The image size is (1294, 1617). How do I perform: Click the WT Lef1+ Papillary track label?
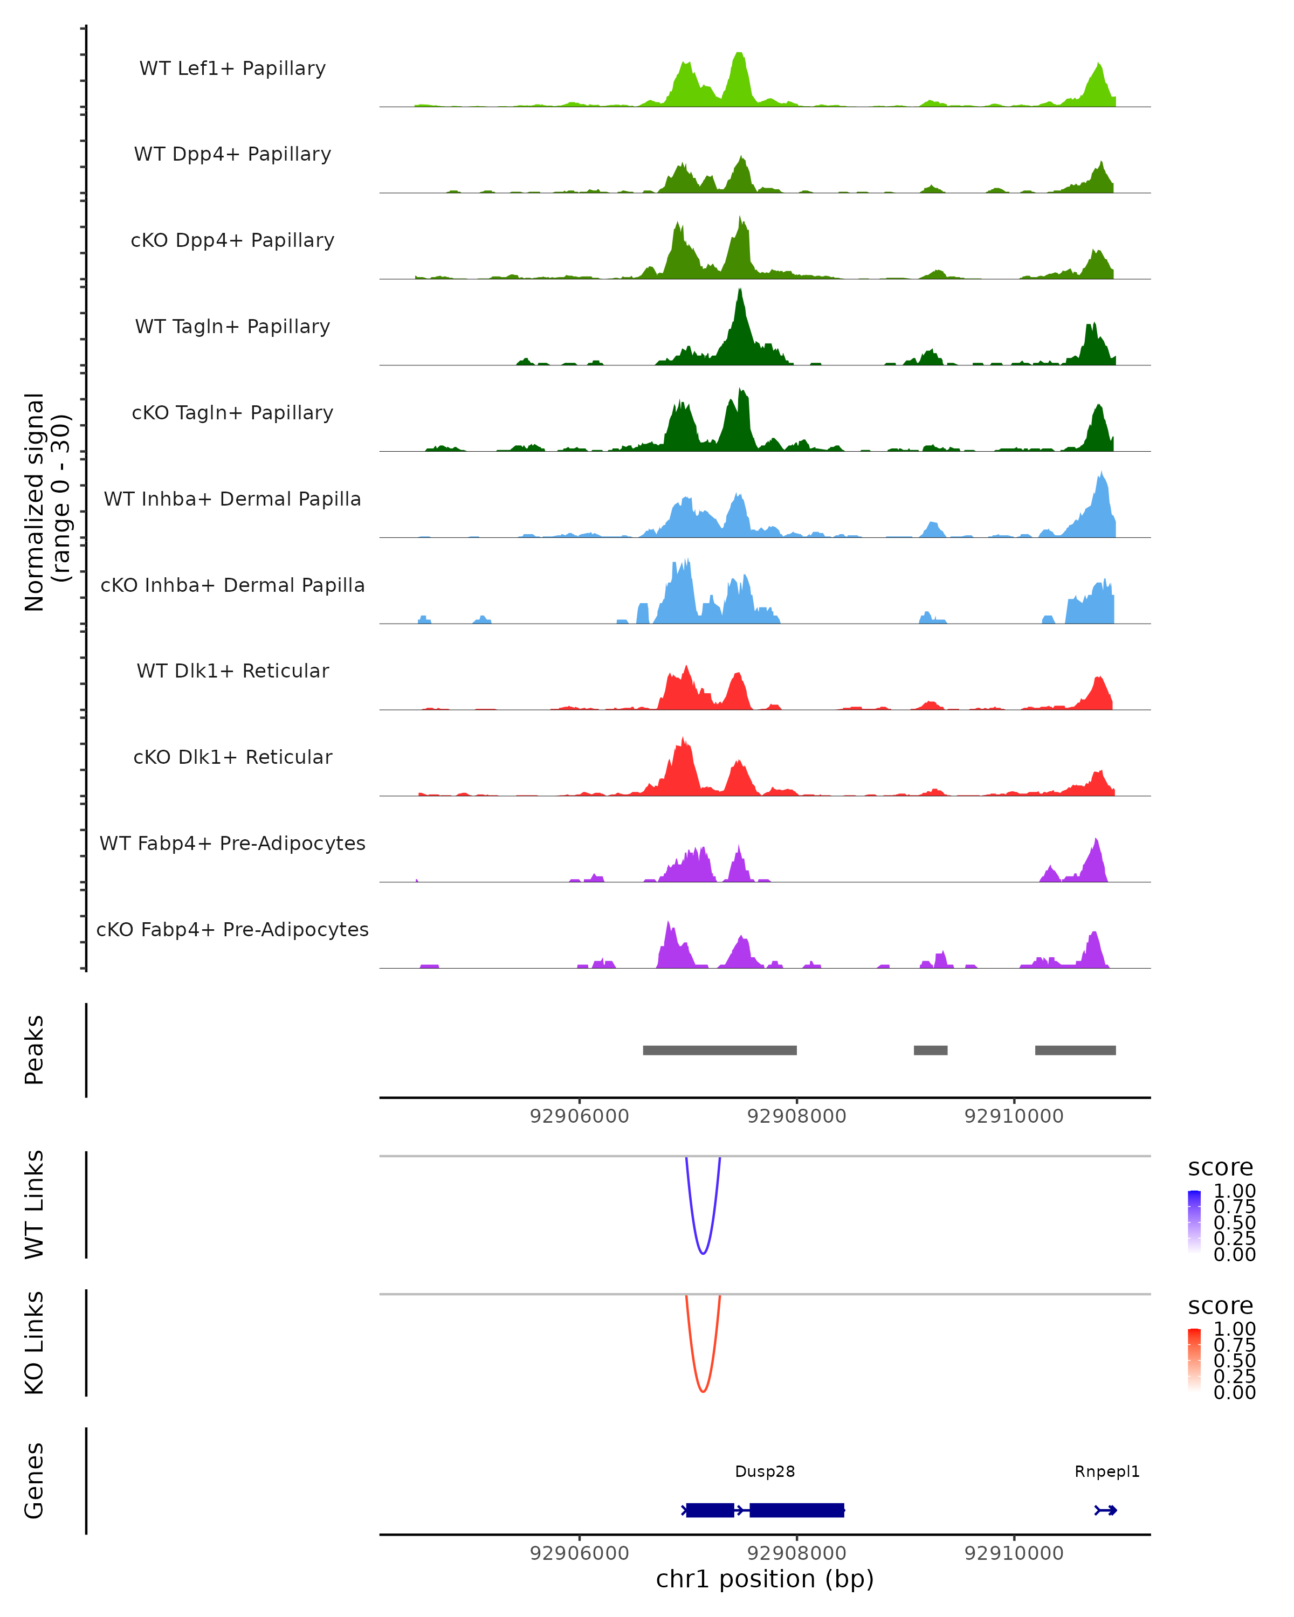point(232,68)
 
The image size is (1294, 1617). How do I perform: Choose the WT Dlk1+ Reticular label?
point(232,671)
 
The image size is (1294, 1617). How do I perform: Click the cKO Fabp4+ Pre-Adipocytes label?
point(232,929)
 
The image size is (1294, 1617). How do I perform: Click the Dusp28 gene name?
point(765,1471)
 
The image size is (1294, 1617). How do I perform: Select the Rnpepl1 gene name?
point(1106,1471)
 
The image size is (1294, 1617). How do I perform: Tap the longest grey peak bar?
point(719,1050)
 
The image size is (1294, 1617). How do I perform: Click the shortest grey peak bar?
point(930,1050)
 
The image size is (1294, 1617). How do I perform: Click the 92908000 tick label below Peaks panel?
point(797,1116)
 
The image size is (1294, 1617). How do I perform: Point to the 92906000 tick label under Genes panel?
point(579,1553)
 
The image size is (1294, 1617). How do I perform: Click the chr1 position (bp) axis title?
point(765,1579)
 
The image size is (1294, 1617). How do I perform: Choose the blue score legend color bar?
point(1194,1222)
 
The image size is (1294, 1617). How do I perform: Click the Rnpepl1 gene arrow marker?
point(1106,1510)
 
